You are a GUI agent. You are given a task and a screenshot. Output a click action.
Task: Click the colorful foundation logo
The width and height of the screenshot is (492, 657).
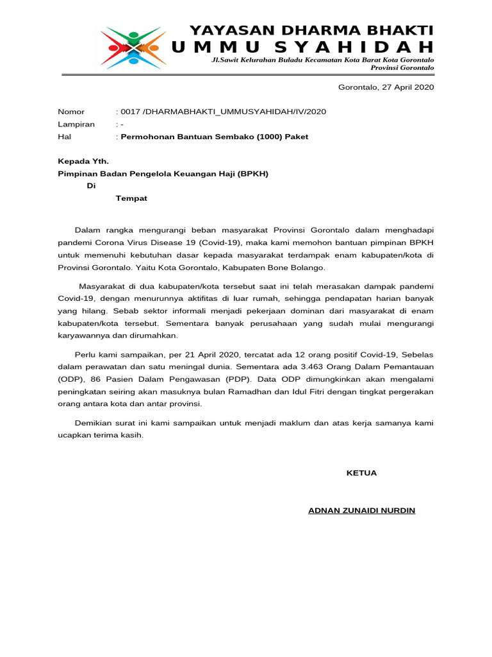[133, 46]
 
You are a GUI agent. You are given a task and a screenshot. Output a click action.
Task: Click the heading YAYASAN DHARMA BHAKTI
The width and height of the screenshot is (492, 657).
[311, 31]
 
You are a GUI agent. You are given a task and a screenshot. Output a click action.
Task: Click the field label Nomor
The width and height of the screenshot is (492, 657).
[71, 112]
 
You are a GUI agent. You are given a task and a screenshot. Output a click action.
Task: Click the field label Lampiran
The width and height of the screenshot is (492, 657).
[76, 124]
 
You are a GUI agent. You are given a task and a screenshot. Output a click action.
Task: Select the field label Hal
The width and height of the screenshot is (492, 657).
[64, 137]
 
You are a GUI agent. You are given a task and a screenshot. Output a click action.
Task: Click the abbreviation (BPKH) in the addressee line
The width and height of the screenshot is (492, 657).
[253, 174]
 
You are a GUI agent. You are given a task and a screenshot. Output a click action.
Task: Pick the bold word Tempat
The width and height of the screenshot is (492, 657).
[131, 198]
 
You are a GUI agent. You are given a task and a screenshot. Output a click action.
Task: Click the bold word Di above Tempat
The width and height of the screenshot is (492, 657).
[91, 186]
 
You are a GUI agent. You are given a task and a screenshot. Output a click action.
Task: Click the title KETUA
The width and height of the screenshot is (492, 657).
[361, 473]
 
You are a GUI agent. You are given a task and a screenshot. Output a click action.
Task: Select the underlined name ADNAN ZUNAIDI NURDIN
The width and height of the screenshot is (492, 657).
[361, 511]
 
